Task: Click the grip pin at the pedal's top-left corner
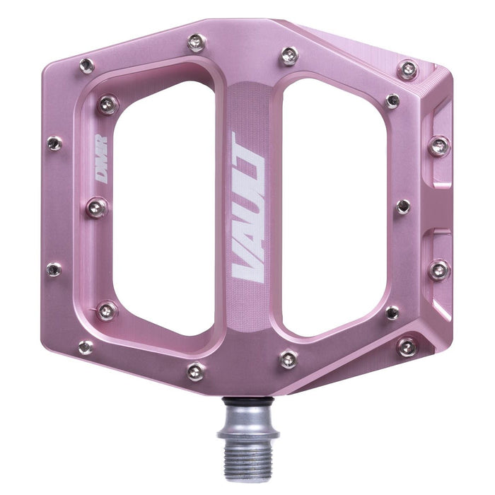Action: coord(86,66)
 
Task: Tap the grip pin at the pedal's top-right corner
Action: coord(407,69)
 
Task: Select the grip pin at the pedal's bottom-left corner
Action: coord(86,347)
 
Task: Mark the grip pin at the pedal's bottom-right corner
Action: coord(407,346)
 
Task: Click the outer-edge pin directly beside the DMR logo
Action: coord(54,144)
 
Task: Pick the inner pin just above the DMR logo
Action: coord(107,105)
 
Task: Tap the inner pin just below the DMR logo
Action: coord(97,207)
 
